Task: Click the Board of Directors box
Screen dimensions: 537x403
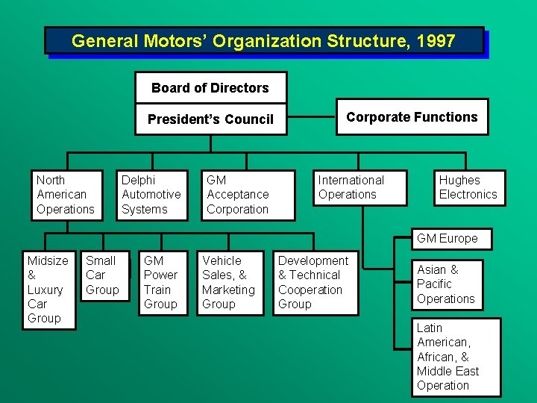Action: point(210,87)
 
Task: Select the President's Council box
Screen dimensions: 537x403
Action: point(210,119)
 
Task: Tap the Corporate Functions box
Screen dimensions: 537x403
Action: point(412,116)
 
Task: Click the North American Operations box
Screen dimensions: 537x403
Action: point(68,195)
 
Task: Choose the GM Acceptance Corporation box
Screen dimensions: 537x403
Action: point(248,195)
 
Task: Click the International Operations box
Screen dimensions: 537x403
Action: point(361,187)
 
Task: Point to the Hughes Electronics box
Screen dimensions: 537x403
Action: point(468,187)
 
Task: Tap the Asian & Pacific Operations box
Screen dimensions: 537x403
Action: point(447,284)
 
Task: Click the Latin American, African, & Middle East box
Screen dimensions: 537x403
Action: point(455,357)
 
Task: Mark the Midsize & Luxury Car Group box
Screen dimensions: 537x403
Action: point(48,290)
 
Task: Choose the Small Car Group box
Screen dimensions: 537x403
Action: point(104,275)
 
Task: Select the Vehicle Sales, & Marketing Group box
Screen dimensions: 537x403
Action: point(229,283)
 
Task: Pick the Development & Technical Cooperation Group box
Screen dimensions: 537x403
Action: point(315,283)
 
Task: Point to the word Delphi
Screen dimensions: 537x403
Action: point(139,180)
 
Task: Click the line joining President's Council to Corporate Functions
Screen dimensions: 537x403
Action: point(311,117)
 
